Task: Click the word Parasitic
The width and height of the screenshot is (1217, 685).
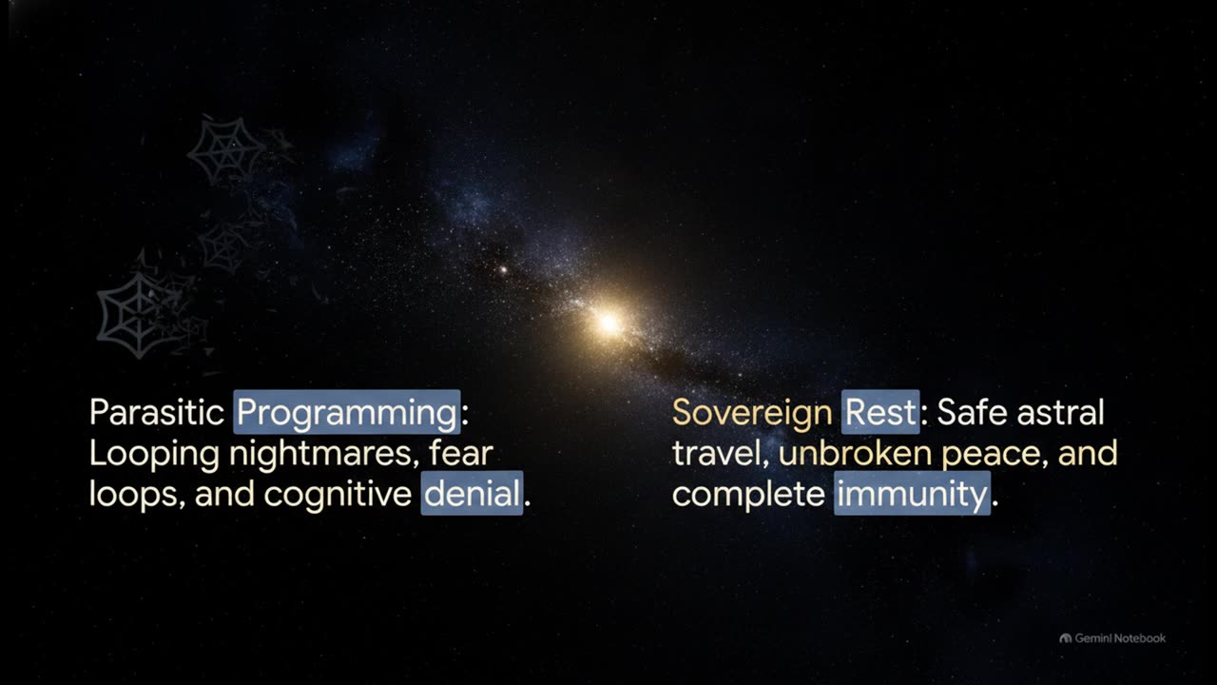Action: pyautogui.click(x=157, y=412)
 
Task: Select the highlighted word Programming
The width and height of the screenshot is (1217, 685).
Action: pyautogui.click(x=347, y=412)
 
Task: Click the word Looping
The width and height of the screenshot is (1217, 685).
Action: pyautogui.click(x=154, y=454)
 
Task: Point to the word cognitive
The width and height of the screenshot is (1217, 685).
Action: pyautogui.click(x=338, y=494)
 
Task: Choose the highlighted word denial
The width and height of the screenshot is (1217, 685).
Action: pyautogui.click(x=472, y=493)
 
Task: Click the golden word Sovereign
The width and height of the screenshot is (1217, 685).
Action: pyautogui.click(x=752, y=413)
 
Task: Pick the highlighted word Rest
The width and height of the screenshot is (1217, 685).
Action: pyautogui.click(x=880, y=412)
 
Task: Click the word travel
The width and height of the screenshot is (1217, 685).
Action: pyautogui.click(x=721, y=454)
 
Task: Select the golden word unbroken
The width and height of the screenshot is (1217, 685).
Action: pyautogui.click(x=855, y=454)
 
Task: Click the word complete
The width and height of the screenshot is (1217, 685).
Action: pyautogui.click(x=748, y=494)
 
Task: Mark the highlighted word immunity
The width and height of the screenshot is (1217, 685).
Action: pyautogui.click(x=912, y=493)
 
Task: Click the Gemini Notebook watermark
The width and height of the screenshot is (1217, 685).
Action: pyautogui.click(x=1112, y=638)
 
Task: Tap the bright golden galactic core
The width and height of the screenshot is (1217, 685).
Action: pyautogui.click(x=608, y=323)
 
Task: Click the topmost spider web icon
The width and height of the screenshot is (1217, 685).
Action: pyautogui.click(x=226, y=150)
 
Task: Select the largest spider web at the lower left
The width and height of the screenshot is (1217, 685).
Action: pyautogui.click(x=140, y=315)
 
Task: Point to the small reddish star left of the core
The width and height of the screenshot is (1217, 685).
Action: pyautogui.click(x=504, y=269)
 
